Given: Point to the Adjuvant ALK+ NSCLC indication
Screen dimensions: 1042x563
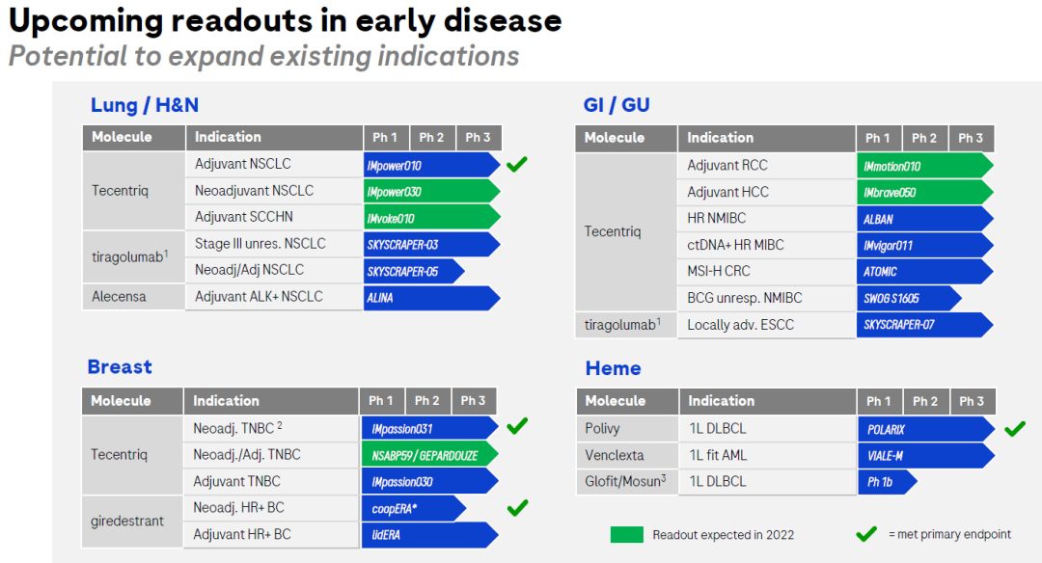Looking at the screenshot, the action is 259,297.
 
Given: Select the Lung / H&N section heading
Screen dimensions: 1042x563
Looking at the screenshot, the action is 144,105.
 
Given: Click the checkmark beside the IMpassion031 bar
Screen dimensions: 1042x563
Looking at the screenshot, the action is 517,425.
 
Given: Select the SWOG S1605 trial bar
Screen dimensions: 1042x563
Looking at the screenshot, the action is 909,298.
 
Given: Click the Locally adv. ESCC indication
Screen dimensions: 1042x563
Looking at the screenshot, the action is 740,325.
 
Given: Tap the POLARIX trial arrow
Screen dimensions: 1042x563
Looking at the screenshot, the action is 926,429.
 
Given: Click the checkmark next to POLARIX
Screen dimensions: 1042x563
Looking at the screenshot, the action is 1015,429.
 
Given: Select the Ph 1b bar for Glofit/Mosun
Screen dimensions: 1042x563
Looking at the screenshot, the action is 888,481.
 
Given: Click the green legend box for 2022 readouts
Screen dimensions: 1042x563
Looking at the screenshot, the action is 627,534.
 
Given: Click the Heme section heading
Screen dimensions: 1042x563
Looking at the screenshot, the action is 613,368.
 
